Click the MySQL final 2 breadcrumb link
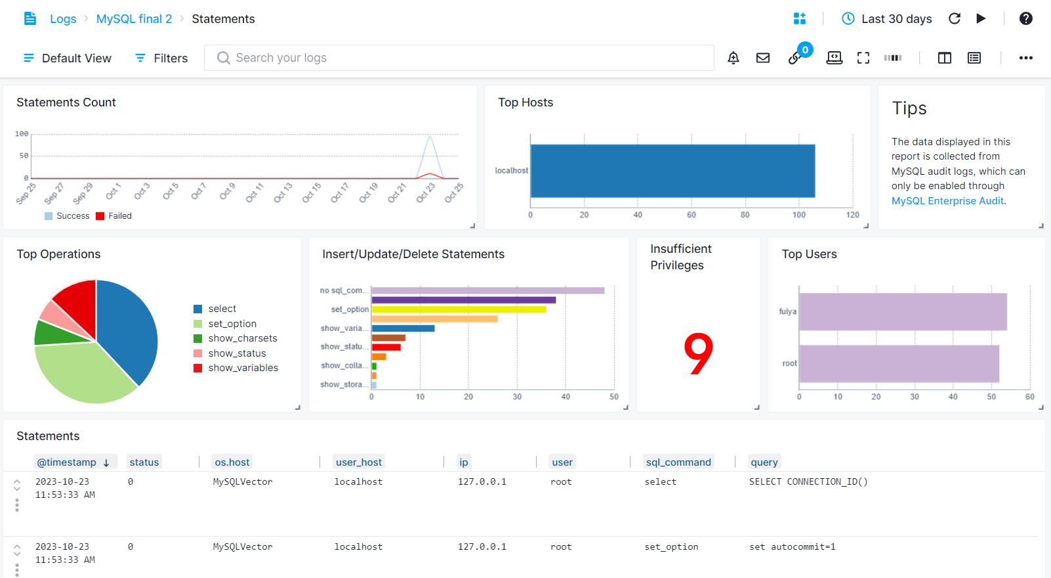(134, 19)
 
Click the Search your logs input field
(459, 58)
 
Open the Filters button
(161, 58)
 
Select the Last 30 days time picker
(887, 19)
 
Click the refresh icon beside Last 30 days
(955, 19)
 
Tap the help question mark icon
(1025, 19)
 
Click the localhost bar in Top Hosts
(672, 171)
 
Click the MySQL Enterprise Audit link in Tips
(947, 201)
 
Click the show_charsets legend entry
(242, 338)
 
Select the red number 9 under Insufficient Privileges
(698, 354)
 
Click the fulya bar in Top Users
(902, 311)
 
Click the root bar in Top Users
(899, 363)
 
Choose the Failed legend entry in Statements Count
(119, 216)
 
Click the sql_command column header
(678, 462)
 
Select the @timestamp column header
(67, 462)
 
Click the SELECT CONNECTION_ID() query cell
(808, 481)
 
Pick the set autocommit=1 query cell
(792, 546)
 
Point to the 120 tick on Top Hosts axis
(852, 215)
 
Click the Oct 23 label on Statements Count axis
(426, 192)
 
